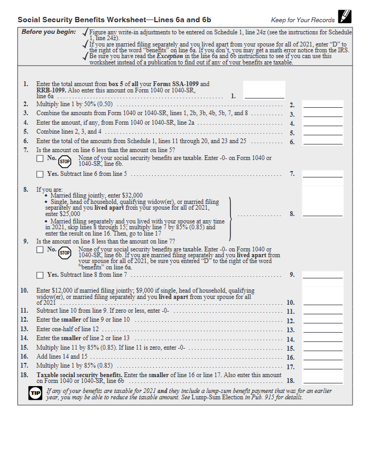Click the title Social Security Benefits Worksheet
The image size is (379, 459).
[114, 20]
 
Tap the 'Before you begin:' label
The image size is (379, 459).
[49, 32]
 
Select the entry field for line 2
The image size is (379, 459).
[322, 105]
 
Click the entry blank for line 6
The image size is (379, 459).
[322, 141]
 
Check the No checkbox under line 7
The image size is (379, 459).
[40, 158]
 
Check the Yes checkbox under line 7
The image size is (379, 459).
[40, 174]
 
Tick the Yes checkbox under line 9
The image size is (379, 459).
[40, 275]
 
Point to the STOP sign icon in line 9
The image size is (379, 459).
[65, 253]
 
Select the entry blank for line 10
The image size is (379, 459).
[322, 302]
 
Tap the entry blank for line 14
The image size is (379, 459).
[322, 339]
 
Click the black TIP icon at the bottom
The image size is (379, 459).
[35, 394]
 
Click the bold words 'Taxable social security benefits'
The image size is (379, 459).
[79, 375]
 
